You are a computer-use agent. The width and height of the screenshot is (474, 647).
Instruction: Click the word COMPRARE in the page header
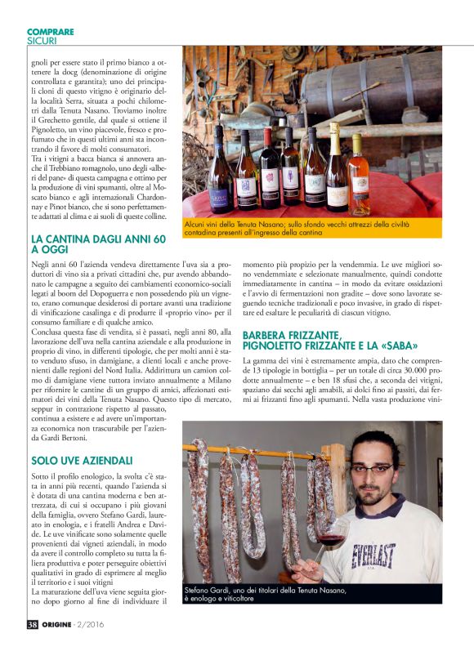tap(50, 32)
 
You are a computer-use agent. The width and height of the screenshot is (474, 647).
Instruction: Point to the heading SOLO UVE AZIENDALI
tap(81, 460)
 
